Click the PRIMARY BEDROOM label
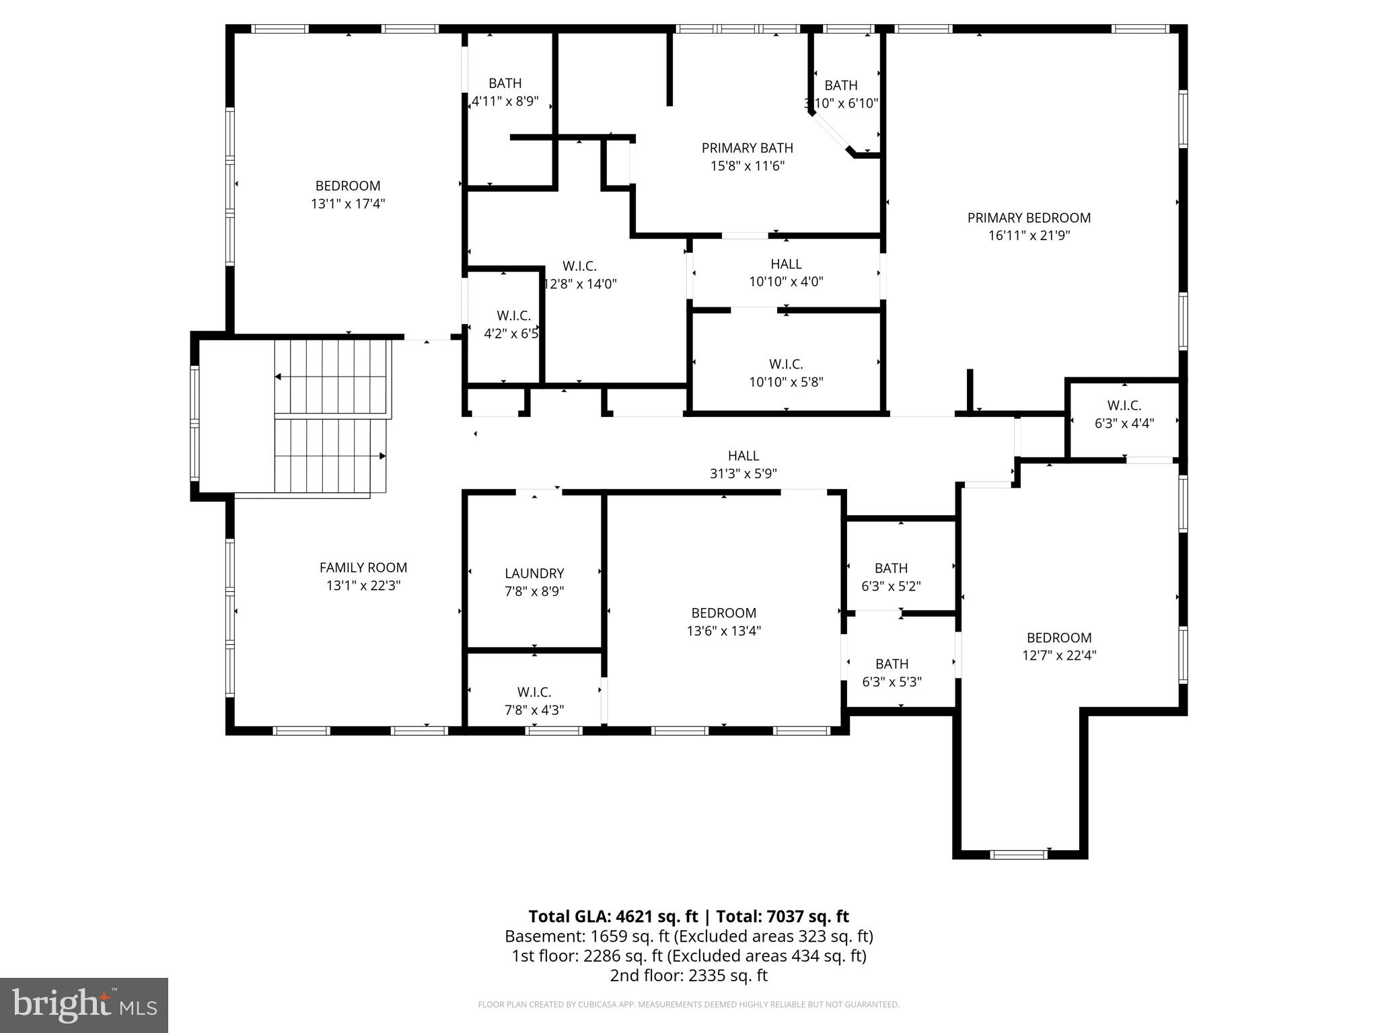pyautogui.click(x=1029, y=218)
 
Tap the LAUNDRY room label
pyautogui.click(x=534, y=574)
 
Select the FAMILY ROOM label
pyautogui.click(x=363, y=568)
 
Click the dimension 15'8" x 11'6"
pyautogui.click(x=748, y=166)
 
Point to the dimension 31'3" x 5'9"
pyautogui.click(x=743, y=473)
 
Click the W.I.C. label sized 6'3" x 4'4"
pyautogui.click(x=1124, y=406)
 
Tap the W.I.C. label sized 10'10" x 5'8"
pyautogui.click(x=786, y=365)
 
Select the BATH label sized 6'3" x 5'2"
pyautogui.click(x=891, y=568)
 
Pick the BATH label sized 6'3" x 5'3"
pyautogui.click(x=892, y=664)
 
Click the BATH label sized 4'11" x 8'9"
pyautogui.click(x=505, y=83)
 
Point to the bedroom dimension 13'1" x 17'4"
pyautogui.click(x=348, y=204)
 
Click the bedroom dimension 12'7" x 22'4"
pyautogui.click(x=1059, y=656)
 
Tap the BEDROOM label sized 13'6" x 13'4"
pyautogui.click(x=723, y=613)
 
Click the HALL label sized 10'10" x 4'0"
pyautogui.click(x=786, y=264)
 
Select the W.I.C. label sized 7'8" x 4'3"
pyautogui.click(x=534, y=692)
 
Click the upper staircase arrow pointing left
pyautogui.click(x=278, y=377)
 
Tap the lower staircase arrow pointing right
pyautogui.click(x=382, y=456)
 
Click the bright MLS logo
pyautogui.click(x=84, y=1005)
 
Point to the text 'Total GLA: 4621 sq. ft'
pyautogui.click(x=613, y=917)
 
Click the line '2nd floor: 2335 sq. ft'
pyautogui.click(x=688, y=975)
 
